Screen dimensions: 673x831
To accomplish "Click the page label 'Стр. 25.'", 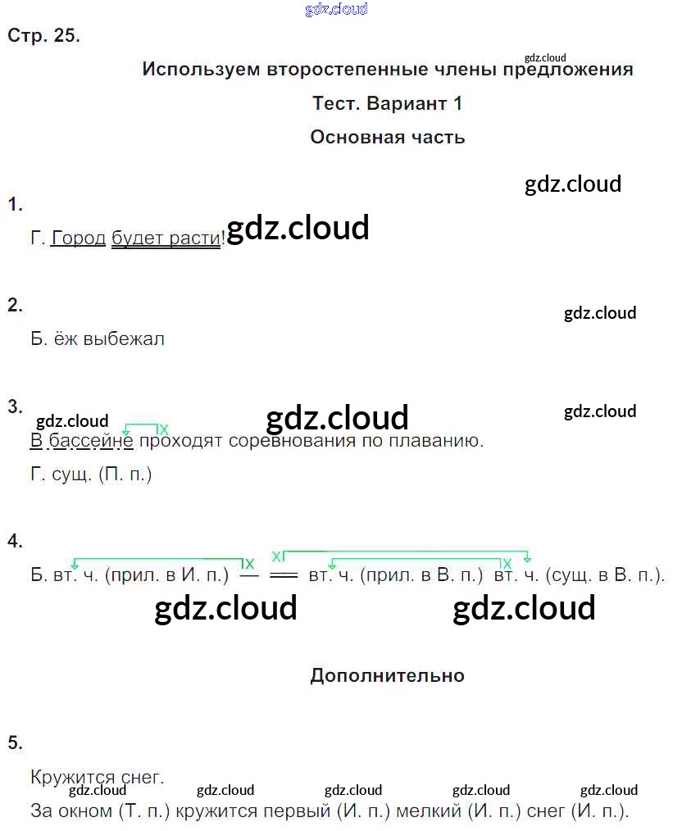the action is pyautogui.click(x=43, y=35).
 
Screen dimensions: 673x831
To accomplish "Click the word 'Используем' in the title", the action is pyautogui.click(x=201, y=69).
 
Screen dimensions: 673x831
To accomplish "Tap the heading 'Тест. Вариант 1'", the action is pyautogui.click(x=388, y=102).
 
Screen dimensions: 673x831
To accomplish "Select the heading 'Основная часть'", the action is pyautogui.click(x=388, y=137).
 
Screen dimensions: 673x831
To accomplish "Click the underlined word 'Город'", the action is pyautogui.click(x=79, y=238).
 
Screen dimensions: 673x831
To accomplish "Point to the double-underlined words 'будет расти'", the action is pyautogui.click(x=166, y=238).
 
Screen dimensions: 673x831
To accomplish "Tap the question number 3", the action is pyautogui.click(x=15, y=406).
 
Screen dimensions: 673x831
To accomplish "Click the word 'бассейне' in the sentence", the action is pyautogui.click(x=91, y=441).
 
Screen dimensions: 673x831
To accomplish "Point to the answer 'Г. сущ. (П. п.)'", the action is pyautogui.click(x=91, y=475).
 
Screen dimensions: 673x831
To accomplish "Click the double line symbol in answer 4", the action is pyautogui.click(x=284, y=575).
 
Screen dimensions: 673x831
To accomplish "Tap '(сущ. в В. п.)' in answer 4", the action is pyautogui.click(x=605, y=575).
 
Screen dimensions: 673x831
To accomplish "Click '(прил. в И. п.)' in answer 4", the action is pyautogui.click(x=167, y=575).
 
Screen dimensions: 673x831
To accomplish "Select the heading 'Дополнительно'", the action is pyautogui.click(x=388, y=676).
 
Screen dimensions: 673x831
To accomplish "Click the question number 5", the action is pyautogui.click(x=15, y=742).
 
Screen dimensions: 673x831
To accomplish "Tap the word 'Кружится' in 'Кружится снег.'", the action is pyautogui.click(x=73, y=778).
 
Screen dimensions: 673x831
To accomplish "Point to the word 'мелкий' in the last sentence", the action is pyautogui.click(x=429, y=811).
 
